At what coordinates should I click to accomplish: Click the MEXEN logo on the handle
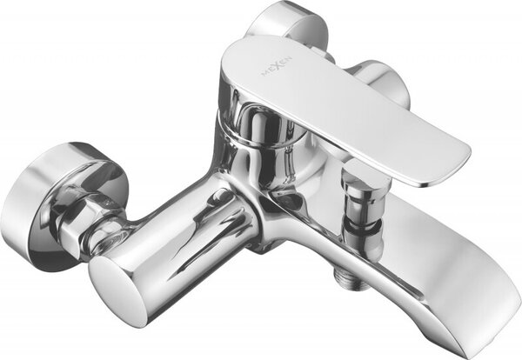point(277,66)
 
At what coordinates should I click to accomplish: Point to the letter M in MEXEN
point(265,74)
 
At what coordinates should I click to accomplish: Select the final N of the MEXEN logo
point(290,58)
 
